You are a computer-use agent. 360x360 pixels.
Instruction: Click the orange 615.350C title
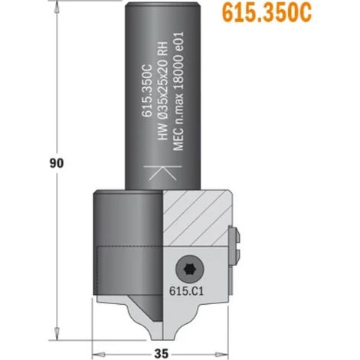pyautogui.click(x=267, y=12)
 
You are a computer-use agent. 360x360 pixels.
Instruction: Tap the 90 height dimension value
pyautogui.click(x=57, y=163)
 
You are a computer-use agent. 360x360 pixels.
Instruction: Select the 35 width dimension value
pyautogui.click(x=162, y=354)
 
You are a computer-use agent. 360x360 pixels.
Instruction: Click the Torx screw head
pyautogui.click(x=190, y=270)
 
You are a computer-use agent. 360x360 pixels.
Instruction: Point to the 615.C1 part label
pyautogui.click(x=187, y=291)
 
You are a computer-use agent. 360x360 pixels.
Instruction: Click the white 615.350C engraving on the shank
pyautogui.click(x=147, y=91)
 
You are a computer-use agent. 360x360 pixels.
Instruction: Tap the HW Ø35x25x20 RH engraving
pyautogui.click(x=162, y=90)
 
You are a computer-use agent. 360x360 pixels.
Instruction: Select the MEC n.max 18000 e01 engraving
pyautogui.click(x=178, y=91)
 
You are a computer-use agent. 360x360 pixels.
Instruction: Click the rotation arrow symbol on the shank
pyautogui.click(x=162, y=173)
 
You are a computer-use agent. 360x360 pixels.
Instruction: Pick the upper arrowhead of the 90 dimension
pyautogui.click(x=57, y=8)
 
